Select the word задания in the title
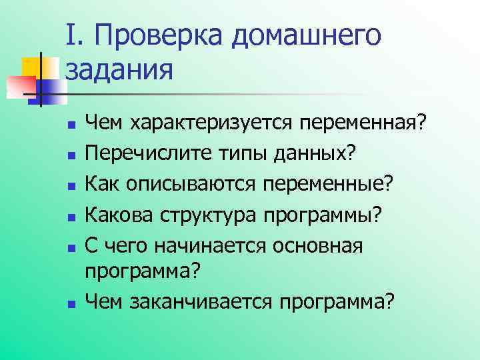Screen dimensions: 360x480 coord(119,69)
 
